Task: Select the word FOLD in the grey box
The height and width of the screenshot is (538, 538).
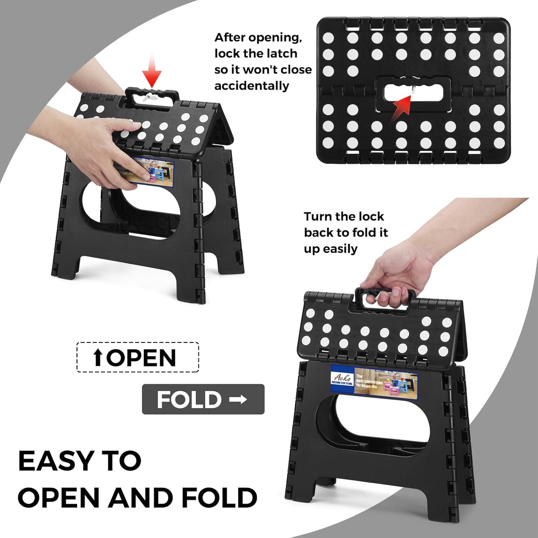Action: pos(189,400)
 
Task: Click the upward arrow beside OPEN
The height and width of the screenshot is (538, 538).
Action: pos(98,358)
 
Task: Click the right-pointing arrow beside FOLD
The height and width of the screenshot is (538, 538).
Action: pos(238,399)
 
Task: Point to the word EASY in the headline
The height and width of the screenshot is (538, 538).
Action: pos(55,461)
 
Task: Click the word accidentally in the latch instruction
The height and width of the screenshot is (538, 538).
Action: pos(252,86)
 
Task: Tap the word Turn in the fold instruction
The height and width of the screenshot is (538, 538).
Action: pos(318,216)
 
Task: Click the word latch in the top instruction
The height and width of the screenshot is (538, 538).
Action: pos(281,54)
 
